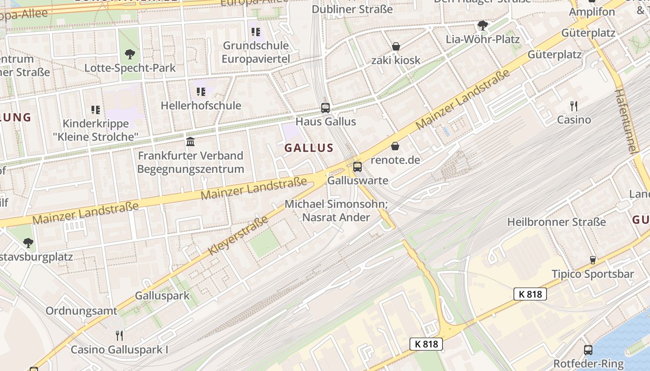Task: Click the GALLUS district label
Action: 309,148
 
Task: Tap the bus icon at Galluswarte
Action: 357,167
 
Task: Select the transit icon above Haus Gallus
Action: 325,108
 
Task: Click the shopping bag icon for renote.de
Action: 395,147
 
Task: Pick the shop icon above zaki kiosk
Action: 396,46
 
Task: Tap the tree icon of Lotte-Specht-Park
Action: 130,54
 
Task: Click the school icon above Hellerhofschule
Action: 201,92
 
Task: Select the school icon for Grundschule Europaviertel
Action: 256,32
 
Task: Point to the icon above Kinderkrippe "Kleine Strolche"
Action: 96,110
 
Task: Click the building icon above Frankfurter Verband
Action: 190,141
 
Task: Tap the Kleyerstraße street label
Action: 239,236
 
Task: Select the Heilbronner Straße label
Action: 556,222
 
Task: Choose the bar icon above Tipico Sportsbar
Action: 592,260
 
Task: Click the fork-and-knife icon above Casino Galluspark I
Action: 119,335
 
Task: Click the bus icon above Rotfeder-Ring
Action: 588,350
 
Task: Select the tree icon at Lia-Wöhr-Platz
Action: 483,25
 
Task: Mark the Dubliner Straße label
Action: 352,9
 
